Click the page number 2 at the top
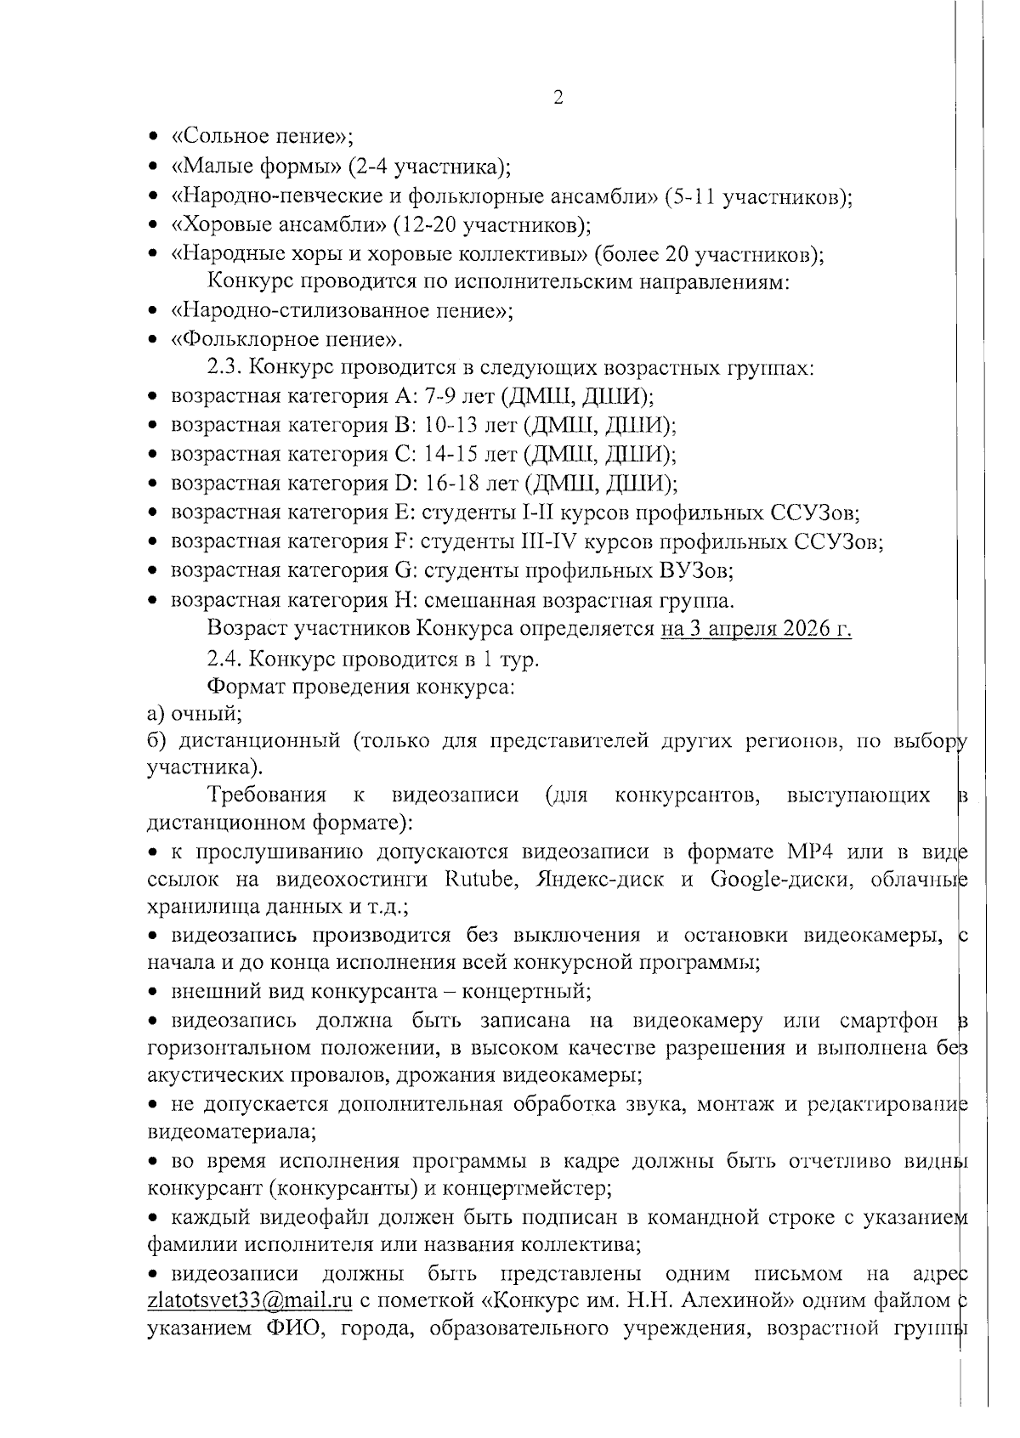558,97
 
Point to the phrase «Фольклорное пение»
286,340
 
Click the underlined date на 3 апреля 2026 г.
756,629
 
